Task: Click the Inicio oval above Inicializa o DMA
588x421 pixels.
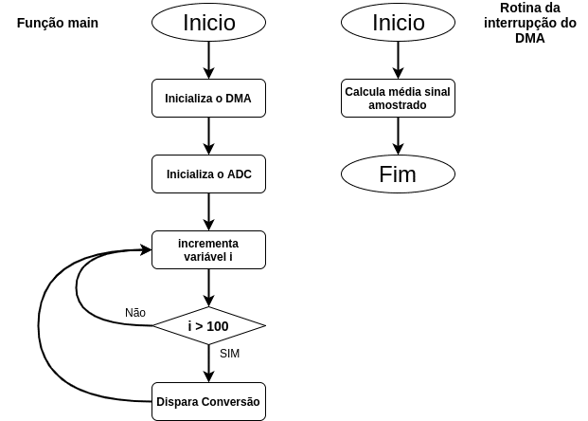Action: coord(208,23)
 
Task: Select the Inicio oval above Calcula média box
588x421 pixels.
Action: coord(398,23)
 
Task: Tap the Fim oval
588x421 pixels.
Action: coord(398,174)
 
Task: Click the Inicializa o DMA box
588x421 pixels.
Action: coord(208,98)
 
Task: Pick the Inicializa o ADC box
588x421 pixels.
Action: coord(208,174)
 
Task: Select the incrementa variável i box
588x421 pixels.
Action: coord(208,249)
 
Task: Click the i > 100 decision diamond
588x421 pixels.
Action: coord(208,325)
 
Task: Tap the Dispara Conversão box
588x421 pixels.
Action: coord(208,401)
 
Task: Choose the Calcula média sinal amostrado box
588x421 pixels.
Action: coord(398,98)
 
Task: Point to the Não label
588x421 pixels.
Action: coord(135,313)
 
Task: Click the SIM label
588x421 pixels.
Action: coord(229,354)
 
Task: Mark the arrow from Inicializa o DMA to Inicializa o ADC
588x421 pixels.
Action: coord(208,136)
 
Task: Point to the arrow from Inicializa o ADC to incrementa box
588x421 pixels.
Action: coord(208,211)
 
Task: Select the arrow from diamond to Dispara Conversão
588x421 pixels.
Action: coord(208,362)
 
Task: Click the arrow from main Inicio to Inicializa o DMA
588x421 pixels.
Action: coord(208,61)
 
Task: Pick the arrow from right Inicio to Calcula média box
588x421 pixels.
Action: coord(398,61)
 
